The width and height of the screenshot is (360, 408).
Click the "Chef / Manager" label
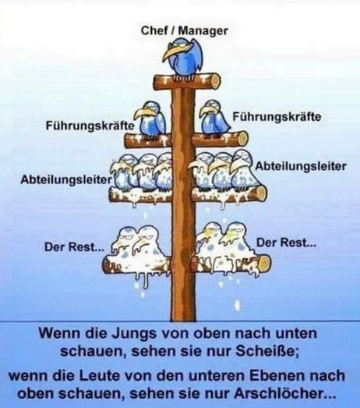coord(185,31)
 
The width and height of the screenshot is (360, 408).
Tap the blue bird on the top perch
coord(183,58)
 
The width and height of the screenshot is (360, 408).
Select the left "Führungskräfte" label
coord(90,126)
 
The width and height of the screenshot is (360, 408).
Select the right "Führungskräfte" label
coord(277,117)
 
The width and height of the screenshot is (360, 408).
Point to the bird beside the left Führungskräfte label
coord(150,119)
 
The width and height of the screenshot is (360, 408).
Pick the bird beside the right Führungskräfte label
coord(215,118)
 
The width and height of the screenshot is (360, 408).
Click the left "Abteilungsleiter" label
coord(66,179)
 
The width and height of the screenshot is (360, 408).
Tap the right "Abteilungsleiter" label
coord(301,166)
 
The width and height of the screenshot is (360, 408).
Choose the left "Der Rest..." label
coord(75,247)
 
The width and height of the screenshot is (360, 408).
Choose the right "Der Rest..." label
coord(287,243)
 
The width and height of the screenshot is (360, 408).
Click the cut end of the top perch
coord(216,81)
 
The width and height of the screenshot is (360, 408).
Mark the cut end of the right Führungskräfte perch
coord(243,139)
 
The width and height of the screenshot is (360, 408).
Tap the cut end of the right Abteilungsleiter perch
coord(261,193)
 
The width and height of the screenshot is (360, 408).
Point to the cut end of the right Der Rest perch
coord(266,263)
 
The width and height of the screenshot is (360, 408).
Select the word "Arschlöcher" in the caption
coord(284,393)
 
